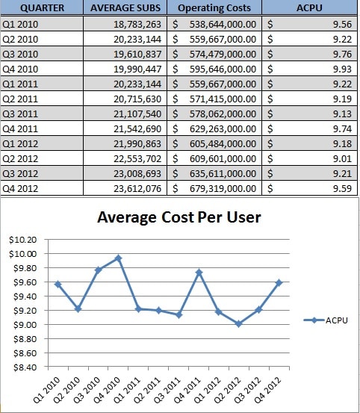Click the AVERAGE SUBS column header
click(x=125, y=7)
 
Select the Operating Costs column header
click(x=214, y=8)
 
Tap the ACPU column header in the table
click(x=309, y=7)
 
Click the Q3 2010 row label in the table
click(x=20, y=54)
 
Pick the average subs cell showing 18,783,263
click(x=137, y=24)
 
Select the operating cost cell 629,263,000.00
click(x=223, y=128)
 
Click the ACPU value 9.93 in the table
click(x=342, y=69)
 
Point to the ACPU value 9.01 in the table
click(x=342, y=158)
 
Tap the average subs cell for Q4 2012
click(x=137, y=189)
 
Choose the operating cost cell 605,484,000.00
click(x=223, y=144)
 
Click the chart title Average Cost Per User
click(x=179, y=217)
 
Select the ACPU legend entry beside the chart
click(x=326, y=320)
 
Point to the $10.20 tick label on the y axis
click(x=22, y=240)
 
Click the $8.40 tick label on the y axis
click(x=25, y=367)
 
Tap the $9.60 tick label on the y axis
click(x=25, y=282)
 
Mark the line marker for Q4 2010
click(x=119, y=258)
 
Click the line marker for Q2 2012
click(x=239, y=323)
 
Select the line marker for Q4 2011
click(x=199, y=273)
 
